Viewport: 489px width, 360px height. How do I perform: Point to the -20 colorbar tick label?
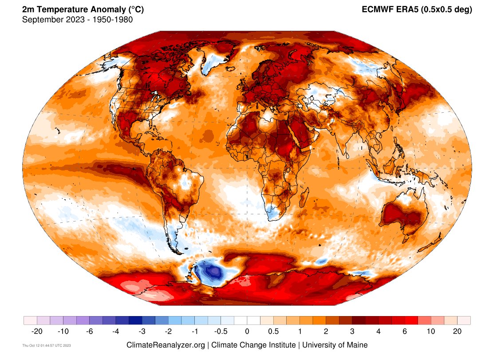tap(37, 331)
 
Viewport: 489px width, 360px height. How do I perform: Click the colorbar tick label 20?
tap(457, 331)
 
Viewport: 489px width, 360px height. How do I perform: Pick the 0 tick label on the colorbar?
tap(247, 331)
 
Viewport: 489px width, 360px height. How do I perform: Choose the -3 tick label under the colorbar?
tap(142, 331)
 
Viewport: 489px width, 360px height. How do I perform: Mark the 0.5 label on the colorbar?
tap(273, 331)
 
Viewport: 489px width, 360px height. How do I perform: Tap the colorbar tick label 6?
tap(405, 331)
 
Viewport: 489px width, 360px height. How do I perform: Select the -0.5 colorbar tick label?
tap(221, 331)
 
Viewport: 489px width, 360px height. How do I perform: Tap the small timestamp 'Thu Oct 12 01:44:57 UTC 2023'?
tap(47, 345)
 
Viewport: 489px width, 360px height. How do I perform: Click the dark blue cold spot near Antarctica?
tap(212, 270)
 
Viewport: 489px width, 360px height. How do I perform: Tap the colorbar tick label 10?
tap(431, 331)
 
